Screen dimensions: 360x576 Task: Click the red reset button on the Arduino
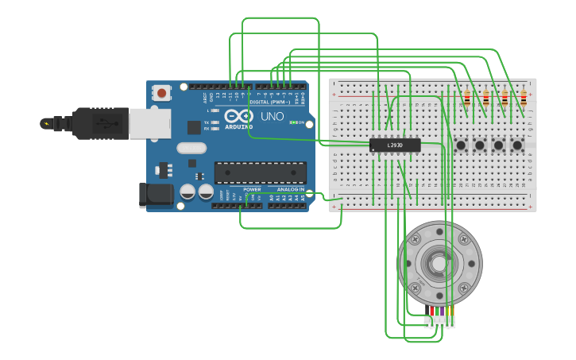[162, 93]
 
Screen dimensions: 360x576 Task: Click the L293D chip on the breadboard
[395, 145]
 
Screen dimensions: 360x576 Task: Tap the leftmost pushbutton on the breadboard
[461, 145]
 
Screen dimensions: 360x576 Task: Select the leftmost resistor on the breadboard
[467, 99]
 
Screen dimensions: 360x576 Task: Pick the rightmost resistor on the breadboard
[524, 99]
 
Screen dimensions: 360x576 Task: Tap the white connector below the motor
[440, 322]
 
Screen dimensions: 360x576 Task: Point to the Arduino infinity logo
[238, 116]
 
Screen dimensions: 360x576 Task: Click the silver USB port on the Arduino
[149, 123]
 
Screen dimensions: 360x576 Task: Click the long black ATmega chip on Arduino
[260, 172]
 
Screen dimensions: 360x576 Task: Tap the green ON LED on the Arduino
[293, 122]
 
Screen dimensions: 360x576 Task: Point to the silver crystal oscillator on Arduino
[191, 148]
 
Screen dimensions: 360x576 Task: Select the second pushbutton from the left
[480, 145]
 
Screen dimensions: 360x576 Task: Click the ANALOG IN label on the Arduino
[289, 190]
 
